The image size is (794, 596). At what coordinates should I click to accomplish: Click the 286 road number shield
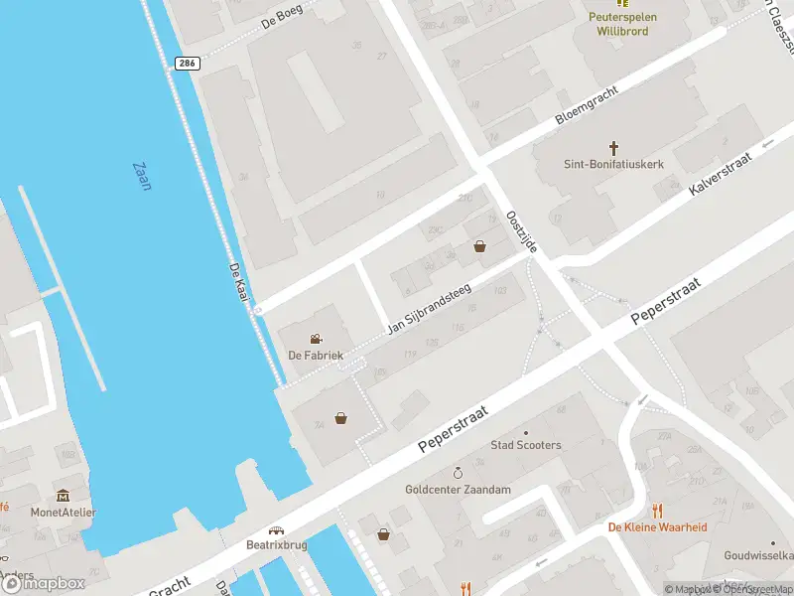187,63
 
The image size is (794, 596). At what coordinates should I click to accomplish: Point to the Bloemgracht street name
586,105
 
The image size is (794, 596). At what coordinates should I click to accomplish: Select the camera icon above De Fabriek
316,339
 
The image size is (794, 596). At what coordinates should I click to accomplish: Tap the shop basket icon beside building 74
341,418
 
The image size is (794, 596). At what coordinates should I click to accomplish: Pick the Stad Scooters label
525,445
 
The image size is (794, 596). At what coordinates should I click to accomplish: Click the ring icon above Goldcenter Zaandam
458,472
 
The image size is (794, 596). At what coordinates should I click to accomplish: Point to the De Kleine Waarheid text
657,527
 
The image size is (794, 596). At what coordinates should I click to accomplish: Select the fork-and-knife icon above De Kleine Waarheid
657,511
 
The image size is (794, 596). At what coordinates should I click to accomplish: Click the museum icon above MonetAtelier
64,495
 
